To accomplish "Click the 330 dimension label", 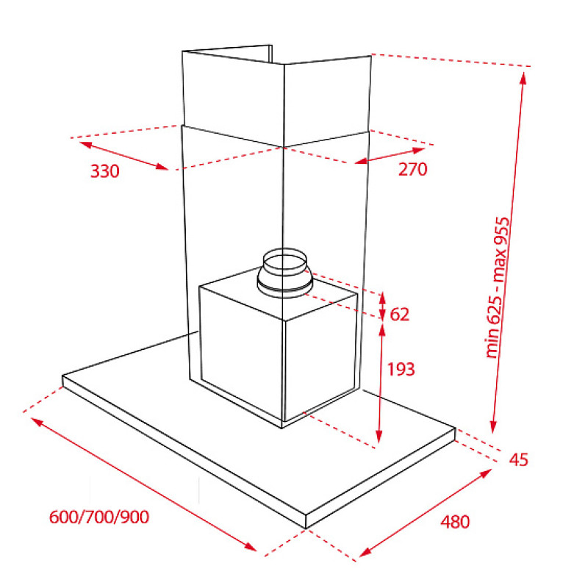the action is [104, 171].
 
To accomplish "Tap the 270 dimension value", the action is [412, 169].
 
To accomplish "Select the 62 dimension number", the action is [399, 315].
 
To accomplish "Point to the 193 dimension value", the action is [401, 370].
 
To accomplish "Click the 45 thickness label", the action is [519, 459].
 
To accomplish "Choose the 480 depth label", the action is [455, 522].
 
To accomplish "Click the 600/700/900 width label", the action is [99, 517].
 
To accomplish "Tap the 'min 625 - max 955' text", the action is [498, 287].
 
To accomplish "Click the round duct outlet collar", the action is [284, 273].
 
